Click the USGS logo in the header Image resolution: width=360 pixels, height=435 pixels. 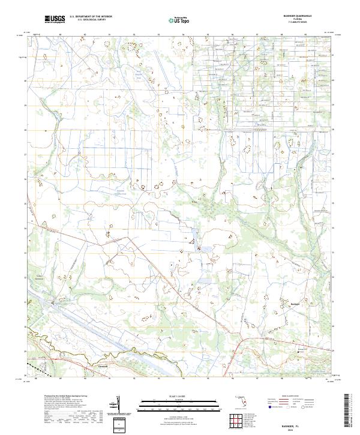[x=55, y=19]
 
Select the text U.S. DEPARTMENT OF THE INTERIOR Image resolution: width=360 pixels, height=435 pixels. [x=91, y=17]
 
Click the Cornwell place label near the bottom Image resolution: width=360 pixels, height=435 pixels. [x=102, y=365]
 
